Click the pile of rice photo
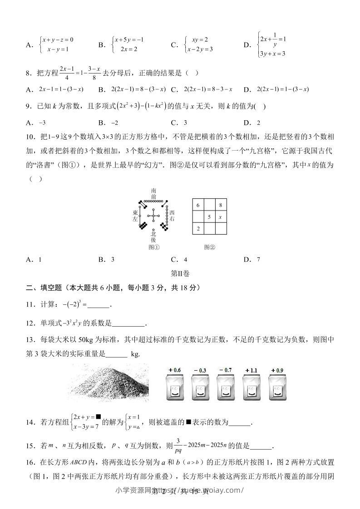pos(110,383)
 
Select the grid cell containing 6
pos(198,205)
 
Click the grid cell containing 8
pos(221,205)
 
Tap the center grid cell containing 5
pos(209,217)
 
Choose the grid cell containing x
pos(221,217)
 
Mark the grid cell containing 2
pos(198,229)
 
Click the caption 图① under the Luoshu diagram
pos(154,247)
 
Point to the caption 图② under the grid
pos(209,247)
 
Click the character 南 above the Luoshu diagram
pos(154,191)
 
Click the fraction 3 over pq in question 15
pos(179,445)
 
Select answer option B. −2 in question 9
pos(108,122)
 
